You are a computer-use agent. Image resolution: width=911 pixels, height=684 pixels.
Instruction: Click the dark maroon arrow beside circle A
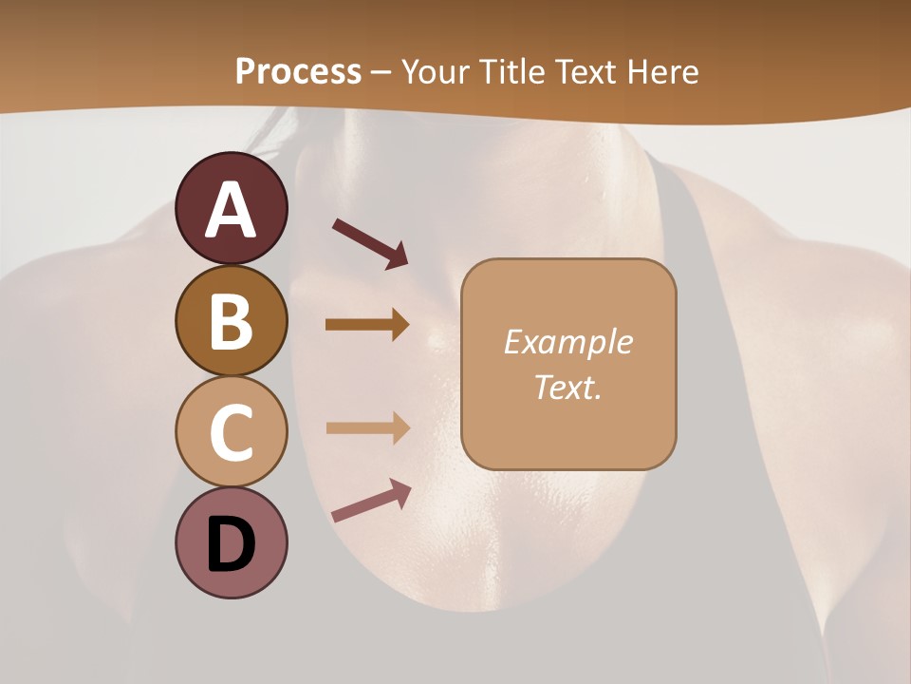click(x=370, y=241)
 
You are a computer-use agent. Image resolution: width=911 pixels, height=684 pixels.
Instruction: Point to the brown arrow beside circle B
click(x=367, y=325)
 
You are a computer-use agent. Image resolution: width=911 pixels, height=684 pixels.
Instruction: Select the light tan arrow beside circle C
click(x=367, y=427)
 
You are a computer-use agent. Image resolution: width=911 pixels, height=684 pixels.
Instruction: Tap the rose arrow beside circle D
click(x=371, y=501)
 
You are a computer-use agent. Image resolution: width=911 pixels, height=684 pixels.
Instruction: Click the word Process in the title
click(x=298, y=71)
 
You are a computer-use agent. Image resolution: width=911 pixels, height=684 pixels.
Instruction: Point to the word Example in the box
click(x=567, y=342)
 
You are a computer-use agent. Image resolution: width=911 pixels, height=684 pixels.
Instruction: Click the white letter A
click(x=231, y=210)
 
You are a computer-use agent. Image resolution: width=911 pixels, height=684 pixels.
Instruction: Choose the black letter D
click(x=231, y=545)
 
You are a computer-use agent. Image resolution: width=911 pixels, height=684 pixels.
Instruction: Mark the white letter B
click(x=231, y=322)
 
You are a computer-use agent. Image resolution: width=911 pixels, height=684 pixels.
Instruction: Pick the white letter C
click(x=231, y=432)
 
